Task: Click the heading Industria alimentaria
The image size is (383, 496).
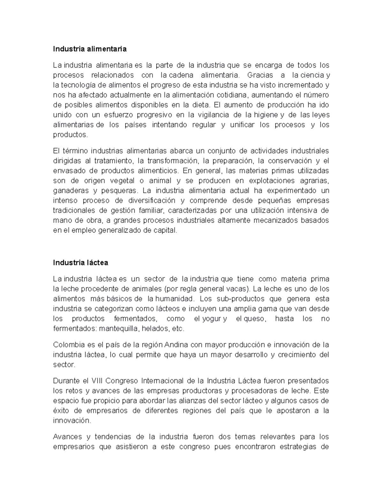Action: point(90,49)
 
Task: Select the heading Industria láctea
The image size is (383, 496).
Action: point(80,263)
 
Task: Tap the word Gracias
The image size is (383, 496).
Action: point(260,75)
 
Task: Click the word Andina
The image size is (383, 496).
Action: point(175,345)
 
